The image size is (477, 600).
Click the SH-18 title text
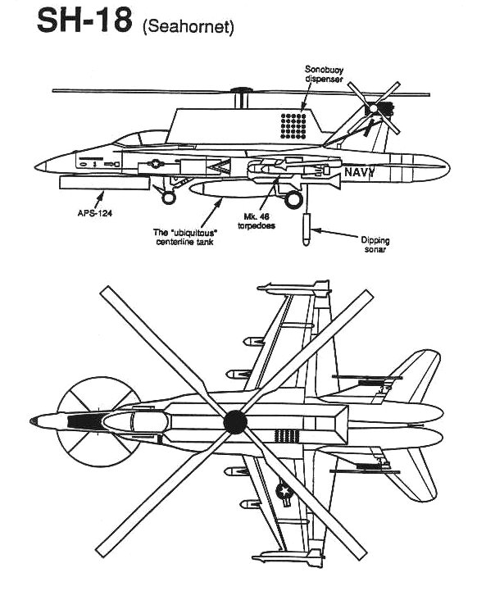pos(84,21)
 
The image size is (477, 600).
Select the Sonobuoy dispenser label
pos(324,74)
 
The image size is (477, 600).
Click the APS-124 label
pos(95,213)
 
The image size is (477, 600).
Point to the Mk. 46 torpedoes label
pos(257,221)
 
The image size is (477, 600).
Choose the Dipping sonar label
pos(375,244)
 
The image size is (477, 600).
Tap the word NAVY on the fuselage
pos(359,172)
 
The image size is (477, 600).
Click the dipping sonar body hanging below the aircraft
pos(306,230)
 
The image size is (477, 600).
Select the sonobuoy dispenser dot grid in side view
pos(293,126)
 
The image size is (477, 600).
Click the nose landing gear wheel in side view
pos(169,198)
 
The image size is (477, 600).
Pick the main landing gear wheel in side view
pos(293,199)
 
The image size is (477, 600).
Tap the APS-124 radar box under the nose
pos(104,183)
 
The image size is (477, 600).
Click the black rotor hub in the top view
pos(235,422)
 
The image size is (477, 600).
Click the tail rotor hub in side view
pos(374,108)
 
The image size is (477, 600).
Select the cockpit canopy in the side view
pos(142,139)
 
